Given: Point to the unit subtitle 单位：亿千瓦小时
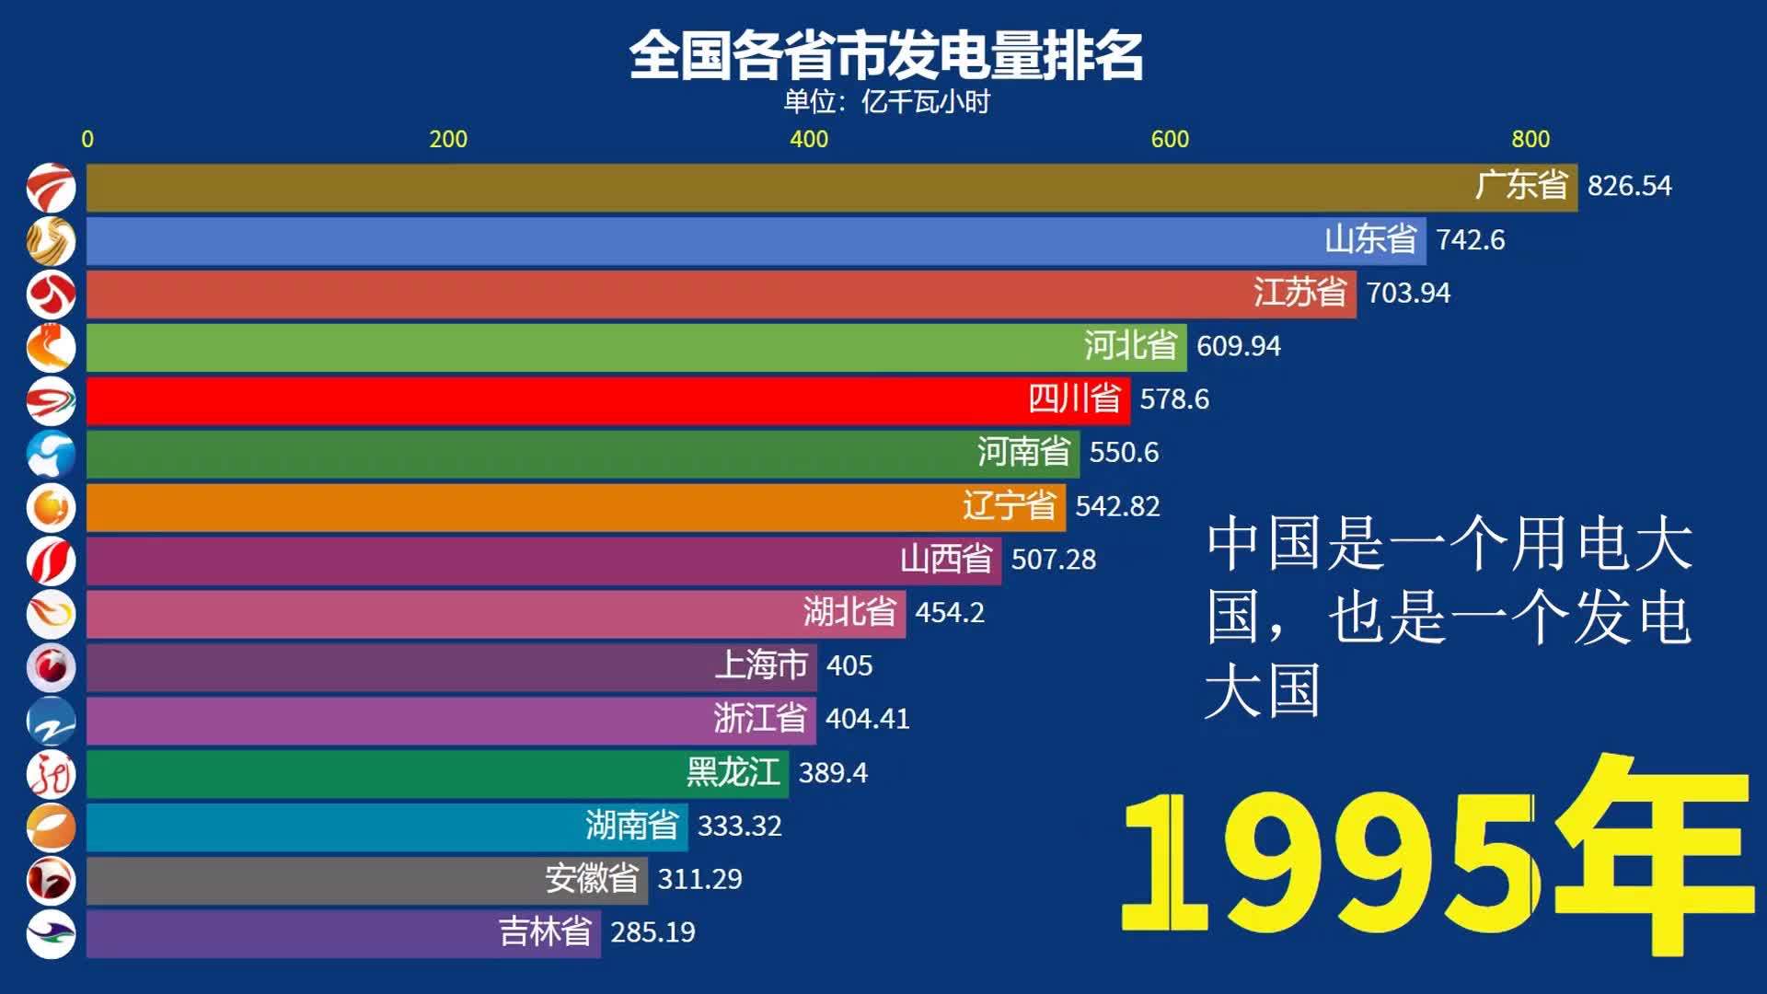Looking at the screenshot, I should click(885, 101).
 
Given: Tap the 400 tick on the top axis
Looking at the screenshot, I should click(808, 139).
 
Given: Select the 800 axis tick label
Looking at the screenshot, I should click(1530, 139).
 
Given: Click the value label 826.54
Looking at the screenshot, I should click(1629, 186).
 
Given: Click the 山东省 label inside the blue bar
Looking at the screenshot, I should click(1369, 239).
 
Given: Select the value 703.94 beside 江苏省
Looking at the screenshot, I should click(1408, 293).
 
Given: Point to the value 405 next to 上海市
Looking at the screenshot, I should click(849, 665).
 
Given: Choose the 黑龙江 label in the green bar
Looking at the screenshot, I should click(733, 772).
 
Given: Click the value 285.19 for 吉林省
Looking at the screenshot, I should click(653, 932).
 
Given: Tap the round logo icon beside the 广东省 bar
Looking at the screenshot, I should click(51, 188).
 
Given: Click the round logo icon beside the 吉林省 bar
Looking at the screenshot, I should click(51, 933).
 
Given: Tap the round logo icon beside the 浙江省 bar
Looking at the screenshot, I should click(51, 720).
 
